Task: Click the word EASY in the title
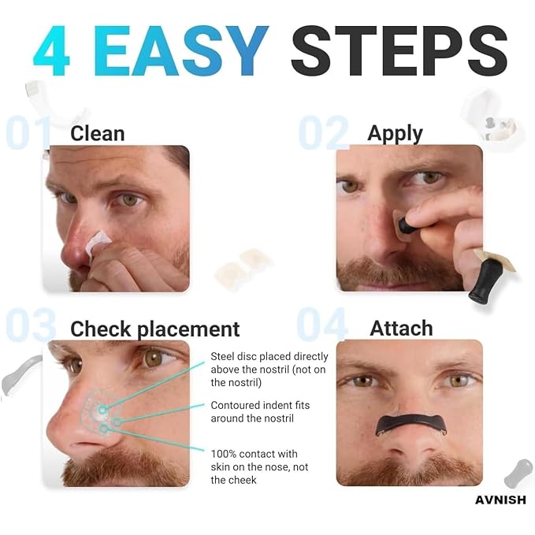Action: point(181,50)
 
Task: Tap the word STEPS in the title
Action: point(399,50)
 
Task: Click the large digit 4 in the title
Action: point(51,50)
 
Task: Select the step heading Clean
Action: point(97,133)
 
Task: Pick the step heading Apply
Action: point(395,134)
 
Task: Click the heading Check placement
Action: point(155,329)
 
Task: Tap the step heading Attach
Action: point(401,329)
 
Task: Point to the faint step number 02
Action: point(324,132)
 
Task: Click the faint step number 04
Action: point(322,324)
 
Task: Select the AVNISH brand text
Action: point(500,500)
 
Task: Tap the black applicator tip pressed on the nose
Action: point(406,225)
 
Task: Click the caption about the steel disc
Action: point(269,370)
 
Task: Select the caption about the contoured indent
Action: point(260,412)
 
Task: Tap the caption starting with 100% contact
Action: point(259,466)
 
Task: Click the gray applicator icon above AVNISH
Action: point(518,474)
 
